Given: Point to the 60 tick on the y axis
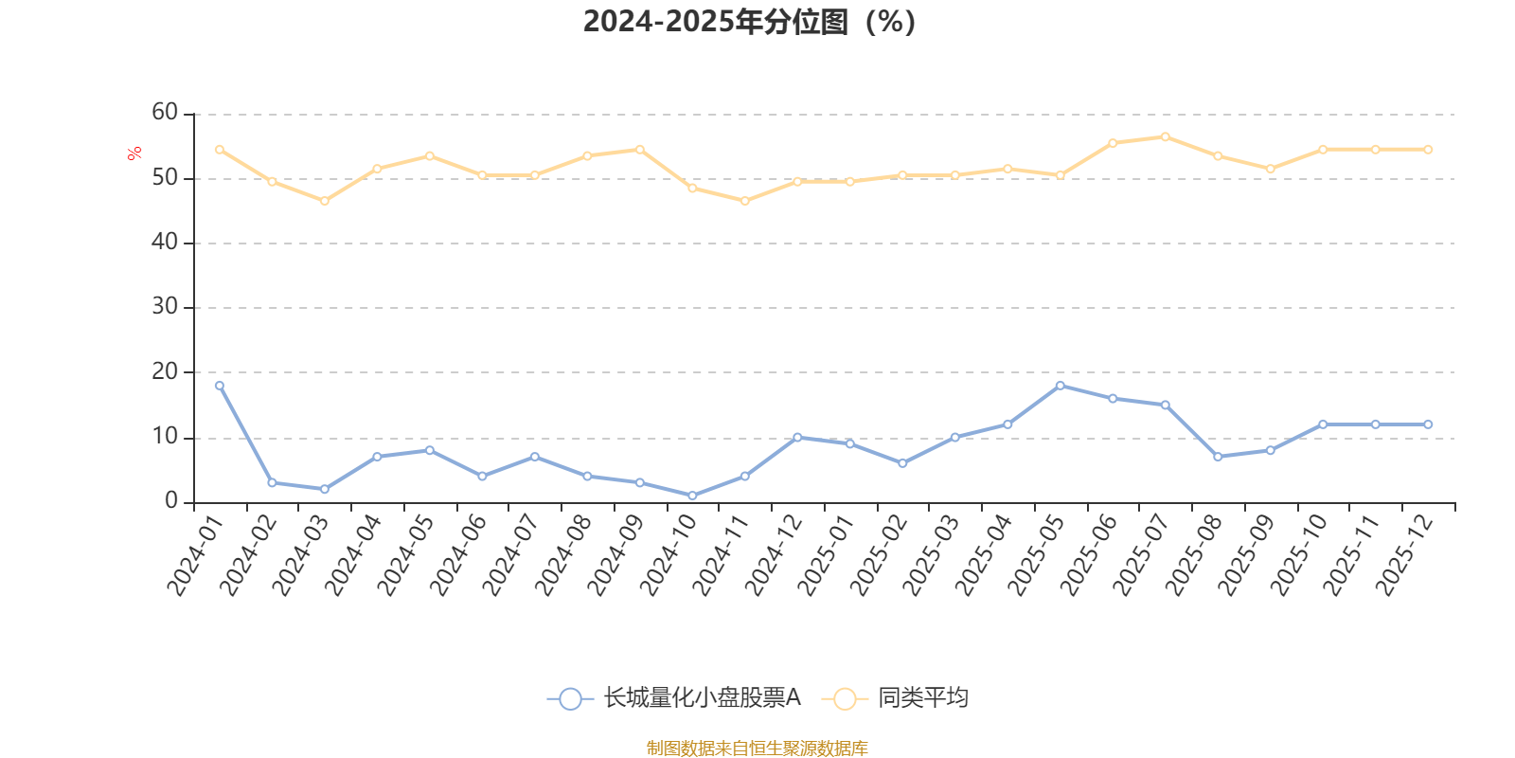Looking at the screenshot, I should pos(165,113).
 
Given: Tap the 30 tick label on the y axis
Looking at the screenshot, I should pos(165,307).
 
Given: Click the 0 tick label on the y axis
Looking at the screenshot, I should pos(171,501).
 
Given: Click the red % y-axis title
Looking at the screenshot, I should pos(134,153).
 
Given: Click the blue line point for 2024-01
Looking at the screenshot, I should pos(220,386).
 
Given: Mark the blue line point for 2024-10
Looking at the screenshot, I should pos(692,496).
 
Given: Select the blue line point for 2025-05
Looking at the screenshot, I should pos(1060,386).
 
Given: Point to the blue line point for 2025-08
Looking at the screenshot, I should pos(1218,457).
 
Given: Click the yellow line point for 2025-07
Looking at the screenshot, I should pos(1165,136).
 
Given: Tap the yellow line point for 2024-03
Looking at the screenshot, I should pos(325,201).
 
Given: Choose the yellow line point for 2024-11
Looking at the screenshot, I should pos(745,201).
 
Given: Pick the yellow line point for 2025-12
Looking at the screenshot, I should pos(1428,150).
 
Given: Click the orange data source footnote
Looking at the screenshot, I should pos(757,749).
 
